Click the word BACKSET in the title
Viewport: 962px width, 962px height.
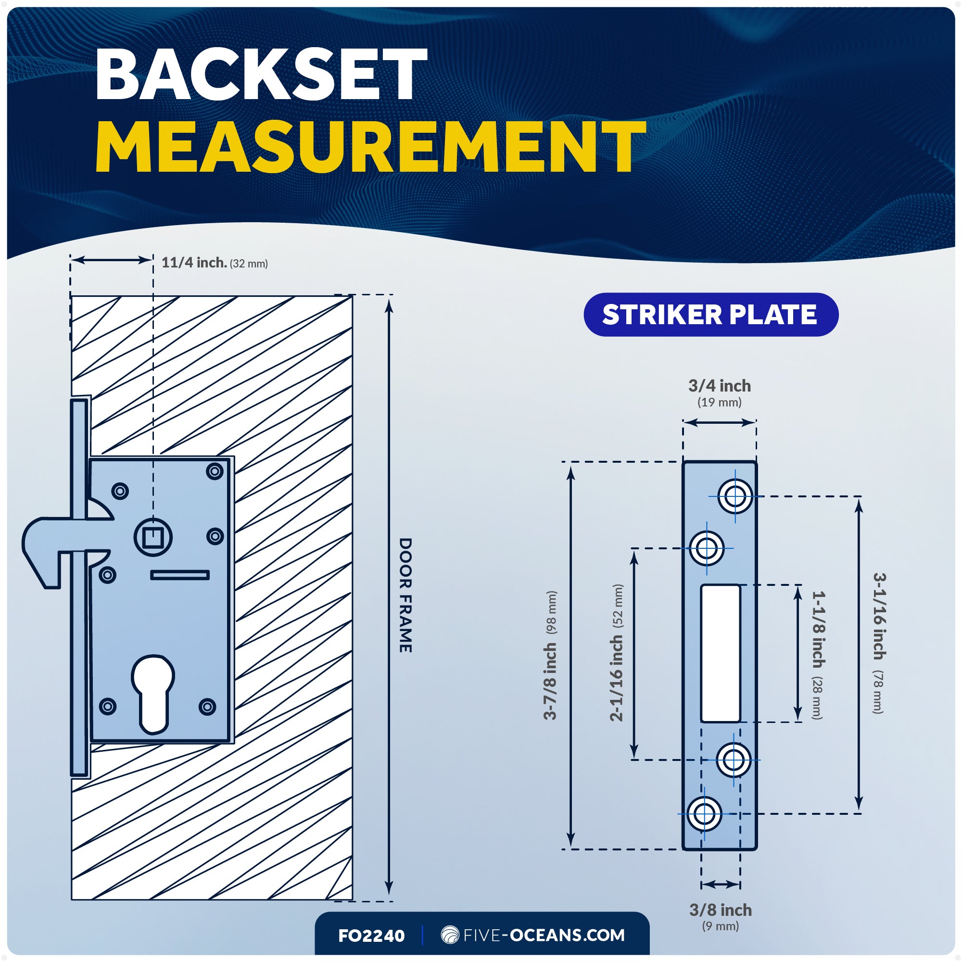[261, 75]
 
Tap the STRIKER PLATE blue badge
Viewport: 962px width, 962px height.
[711, 314]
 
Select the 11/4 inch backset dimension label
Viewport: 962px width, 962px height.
[215, 263]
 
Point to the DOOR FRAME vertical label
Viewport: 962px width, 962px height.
[405, 595]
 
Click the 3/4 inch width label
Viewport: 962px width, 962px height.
[720, 393]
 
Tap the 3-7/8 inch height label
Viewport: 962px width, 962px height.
[550, 655]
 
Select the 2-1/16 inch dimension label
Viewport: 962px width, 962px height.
[617, 652]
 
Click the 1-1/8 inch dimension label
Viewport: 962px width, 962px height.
[818, 655]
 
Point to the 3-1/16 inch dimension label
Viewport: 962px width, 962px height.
[879, 643]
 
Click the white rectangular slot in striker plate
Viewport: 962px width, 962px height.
[721, 653]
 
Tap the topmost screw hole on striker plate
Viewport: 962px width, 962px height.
[735, 496]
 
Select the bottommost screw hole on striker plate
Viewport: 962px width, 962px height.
[704, 814]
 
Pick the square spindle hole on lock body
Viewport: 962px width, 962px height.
[153, 537]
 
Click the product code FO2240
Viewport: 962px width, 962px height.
[371, 936]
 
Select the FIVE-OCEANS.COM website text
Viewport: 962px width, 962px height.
[544, 935]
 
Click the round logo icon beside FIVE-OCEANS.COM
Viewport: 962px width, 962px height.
[450, 935]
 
